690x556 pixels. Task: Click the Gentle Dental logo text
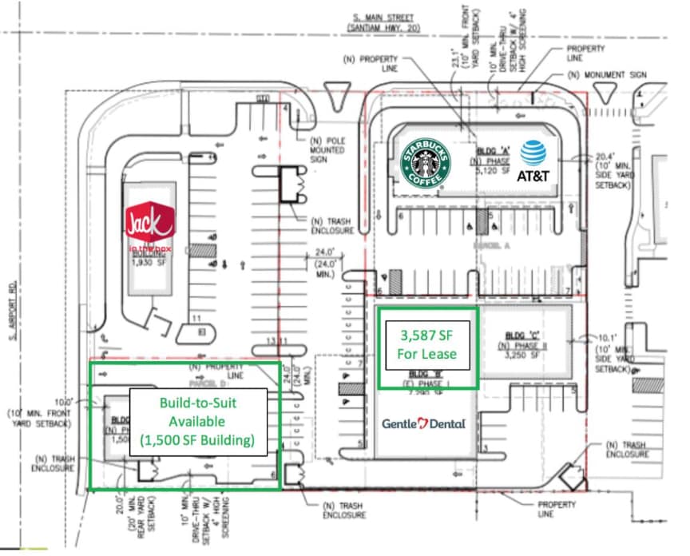423,423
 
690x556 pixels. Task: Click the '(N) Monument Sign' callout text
607,75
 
